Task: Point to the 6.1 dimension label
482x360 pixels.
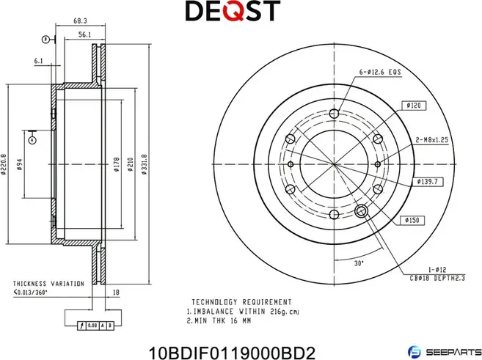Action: (39, 62)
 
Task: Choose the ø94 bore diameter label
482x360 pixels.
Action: (20, 165)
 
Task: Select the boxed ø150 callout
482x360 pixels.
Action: (412, 219)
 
